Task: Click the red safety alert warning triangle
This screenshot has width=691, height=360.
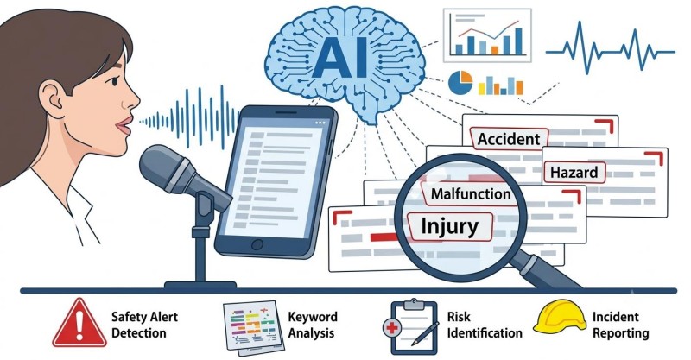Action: (x=79, y=324)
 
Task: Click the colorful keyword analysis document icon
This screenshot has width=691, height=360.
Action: (x=252, y=327)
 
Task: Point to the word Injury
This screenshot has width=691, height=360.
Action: (x=449, y=226)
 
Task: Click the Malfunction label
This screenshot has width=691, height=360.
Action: (x=470, y=194)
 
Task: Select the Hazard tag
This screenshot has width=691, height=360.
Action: (x=574, y=172)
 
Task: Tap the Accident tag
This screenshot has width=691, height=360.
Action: (x=509, y=139)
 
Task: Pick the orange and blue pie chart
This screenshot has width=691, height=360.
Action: (x=460, y=83)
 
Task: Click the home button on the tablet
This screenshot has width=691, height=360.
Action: (x=257, y=243)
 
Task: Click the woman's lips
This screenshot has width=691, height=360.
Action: (x=124, y=125)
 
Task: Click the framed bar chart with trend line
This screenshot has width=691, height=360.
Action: (x=487, y=35)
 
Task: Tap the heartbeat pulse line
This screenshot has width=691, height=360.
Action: (x=611, y=47)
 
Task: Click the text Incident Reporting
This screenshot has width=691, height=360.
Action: (x=620, y=325)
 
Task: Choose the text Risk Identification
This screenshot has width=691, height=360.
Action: (x=485, y=325)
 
